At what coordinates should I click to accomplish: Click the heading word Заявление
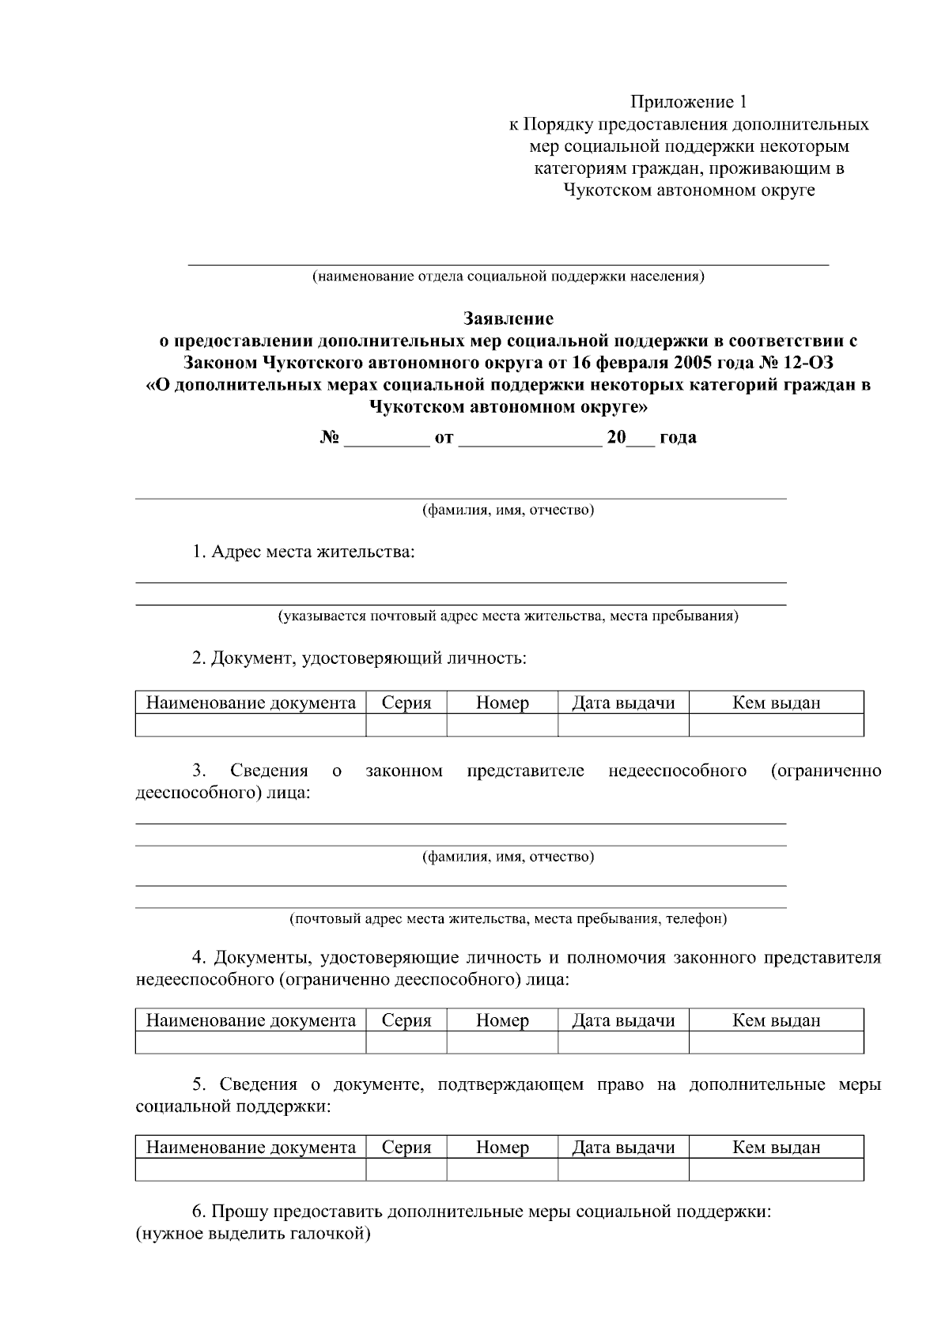tap(508, 319)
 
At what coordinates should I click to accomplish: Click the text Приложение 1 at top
tap(688, 102)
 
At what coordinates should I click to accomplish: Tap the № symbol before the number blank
tap(330, 437)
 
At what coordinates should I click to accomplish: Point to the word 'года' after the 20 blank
tap(677, 437)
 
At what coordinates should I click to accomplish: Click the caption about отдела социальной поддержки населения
tap(508, 277)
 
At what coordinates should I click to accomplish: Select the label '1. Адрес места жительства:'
tap(304, 552)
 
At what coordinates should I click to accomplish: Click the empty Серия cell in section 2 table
tap(406, 725)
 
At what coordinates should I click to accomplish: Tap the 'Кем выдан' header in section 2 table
tap(776, 703)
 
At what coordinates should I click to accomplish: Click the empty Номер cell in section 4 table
tap(502, 1042)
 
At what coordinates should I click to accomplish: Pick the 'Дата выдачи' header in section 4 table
tap(623, 1020)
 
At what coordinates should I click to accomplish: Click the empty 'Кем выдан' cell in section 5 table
tap(776, 1170)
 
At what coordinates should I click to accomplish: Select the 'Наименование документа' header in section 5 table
tap(251, 1147)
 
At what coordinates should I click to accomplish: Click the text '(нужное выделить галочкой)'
tap(254, 1233)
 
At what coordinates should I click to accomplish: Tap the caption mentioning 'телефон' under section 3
tap(508, 918)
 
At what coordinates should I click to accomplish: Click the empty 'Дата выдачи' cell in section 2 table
tap(623, 725)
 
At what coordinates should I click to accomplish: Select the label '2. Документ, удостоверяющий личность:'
tap(359, 658)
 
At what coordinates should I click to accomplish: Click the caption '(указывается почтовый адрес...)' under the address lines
tap(508, 616)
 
